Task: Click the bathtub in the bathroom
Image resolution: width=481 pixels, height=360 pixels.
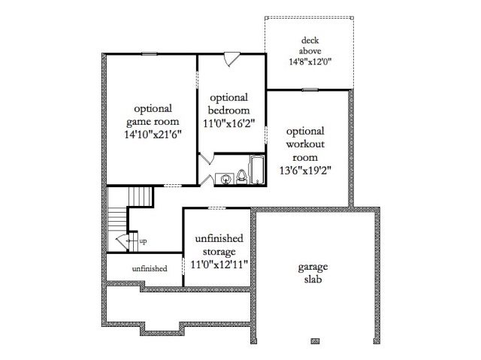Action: tap(257, 170)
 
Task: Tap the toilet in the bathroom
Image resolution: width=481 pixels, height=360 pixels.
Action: tap(242, 177)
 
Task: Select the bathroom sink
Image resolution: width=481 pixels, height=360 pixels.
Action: tap(225, 179)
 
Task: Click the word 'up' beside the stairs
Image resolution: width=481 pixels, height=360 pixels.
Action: tap(143, 241)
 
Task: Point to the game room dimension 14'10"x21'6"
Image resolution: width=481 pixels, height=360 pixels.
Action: tap(153, 135)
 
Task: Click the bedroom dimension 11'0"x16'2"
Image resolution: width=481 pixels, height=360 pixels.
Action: tap(228, 123)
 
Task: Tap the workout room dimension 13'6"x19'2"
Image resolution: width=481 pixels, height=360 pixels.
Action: tap(305, 170)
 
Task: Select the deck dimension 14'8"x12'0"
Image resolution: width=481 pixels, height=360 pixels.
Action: tap(310, 62)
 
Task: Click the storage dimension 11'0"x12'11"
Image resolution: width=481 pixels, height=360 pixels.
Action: tap(219, 264)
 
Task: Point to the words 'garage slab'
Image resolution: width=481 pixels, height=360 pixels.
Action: tap(313, 274)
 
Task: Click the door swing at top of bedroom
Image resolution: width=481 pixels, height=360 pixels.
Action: tap(231, 59)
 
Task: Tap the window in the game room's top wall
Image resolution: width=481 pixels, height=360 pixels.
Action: tap(149, 54)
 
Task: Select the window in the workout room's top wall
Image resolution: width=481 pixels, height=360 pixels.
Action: tap(310, 90)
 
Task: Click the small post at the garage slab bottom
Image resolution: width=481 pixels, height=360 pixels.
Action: tap(315, 341)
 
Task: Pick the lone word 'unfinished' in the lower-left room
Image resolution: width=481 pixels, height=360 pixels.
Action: tap(150, 268)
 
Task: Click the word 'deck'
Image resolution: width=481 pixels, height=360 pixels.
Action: tap(310, 41)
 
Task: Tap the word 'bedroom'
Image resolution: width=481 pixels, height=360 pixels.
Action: tap(228, 110)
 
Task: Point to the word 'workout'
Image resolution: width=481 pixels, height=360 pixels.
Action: tap(305, 144)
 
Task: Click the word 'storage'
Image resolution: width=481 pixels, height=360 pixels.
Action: tap(219, 252)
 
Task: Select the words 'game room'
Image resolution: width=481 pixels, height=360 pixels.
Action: tap(153, 122)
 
